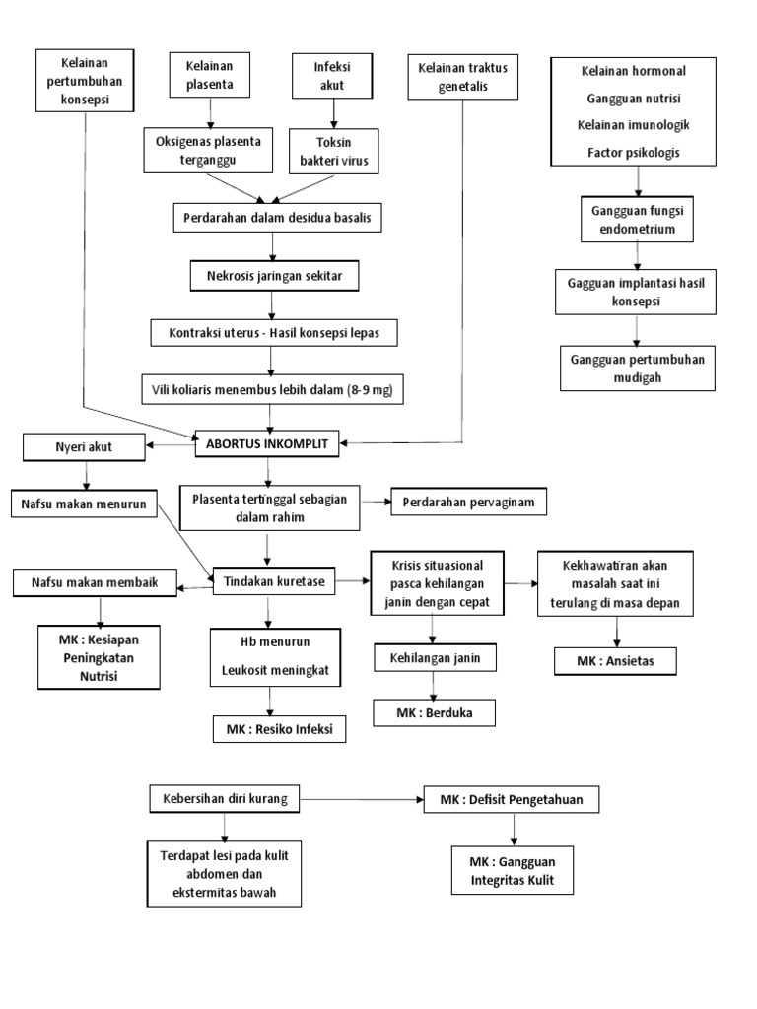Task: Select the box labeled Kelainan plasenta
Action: (209, 75)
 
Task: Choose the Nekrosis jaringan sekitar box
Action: (275, 277)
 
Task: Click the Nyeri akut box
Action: (84, 447)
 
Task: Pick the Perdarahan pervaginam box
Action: (468, 503)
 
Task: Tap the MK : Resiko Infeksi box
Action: (279, 729)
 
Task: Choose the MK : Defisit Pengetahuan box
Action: (512, 799)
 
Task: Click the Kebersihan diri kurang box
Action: (225, 798)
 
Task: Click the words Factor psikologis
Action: (633, 153)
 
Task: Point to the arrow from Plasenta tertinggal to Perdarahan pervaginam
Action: (376, 502)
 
